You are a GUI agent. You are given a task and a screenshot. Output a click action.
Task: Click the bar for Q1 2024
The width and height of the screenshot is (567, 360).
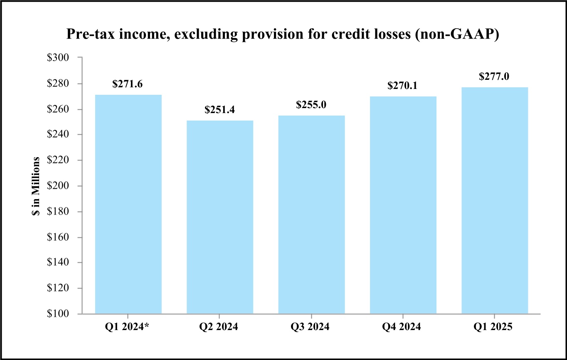pyautogui.click(x=128, y=204)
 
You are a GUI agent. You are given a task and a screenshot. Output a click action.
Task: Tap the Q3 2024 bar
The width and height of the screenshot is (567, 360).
pyautogui.click(x=311, y=215)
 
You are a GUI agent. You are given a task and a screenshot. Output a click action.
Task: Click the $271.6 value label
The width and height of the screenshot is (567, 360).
pyautogui.click(x=128, y=84)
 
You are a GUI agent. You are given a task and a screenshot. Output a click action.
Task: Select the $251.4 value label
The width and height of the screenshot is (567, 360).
pyautogui.click(x=219, y=110)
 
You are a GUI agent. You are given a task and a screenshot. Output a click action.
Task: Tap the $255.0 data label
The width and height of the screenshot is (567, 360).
pyautogui.click(x=311, y=105)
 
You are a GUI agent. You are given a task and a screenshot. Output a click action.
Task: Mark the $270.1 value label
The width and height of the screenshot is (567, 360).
pyautogui.click(x=403, y=86)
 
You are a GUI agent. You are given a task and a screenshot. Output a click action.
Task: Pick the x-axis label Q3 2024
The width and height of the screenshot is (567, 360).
pyautogui.click(x=311, y=327)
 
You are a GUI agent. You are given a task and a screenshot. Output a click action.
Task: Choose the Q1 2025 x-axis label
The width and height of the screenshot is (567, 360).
pyautogui.click(x=495, y=327)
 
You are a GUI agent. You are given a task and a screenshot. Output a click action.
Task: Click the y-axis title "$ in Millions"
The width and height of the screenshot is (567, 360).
pyautogui.click(x=37, y=186)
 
